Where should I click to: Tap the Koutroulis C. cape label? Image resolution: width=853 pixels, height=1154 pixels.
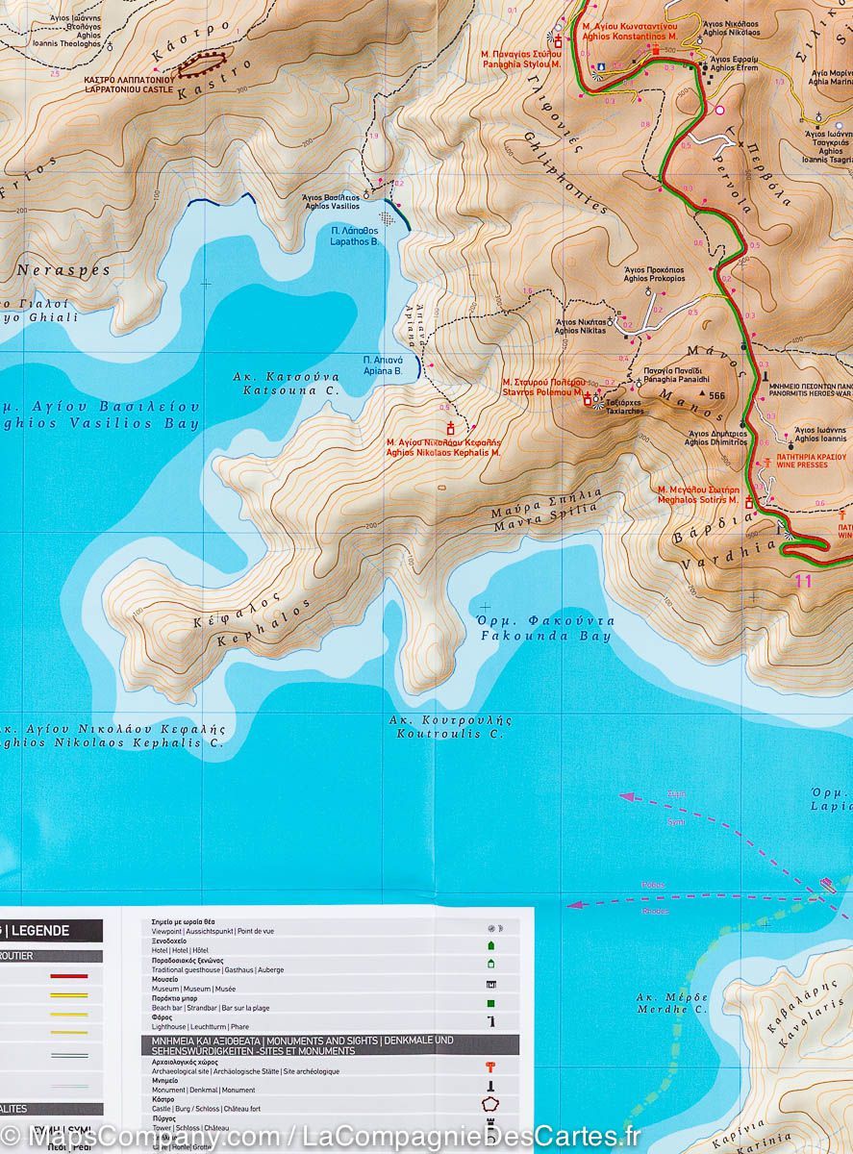click(450, 726)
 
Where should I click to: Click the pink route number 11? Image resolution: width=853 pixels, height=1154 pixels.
click(804, 580)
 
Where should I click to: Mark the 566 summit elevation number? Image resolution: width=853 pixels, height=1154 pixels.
click(716, 395)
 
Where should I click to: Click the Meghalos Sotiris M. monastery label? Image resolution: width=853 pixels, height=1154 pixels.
click(697, 494)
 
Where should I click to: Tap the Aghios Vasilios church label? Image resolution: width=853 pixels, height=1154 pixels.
click(331, 201)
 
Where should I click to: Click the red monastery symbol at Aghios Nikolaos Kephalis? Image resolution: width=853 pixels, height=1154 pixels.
click(449, 428)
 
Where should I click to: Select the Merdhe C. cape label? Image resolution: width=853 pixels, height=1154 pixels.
click(672, 1003)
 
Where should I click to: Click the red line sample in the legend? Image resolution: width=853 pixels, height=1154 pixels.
click(68, 975)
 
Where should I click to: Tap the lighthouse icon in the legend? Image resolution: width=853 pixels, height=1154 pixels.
click(491, 1021)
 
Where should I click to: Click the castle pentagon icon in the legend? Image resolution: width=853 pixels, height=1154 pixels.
click(491, 1104)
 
